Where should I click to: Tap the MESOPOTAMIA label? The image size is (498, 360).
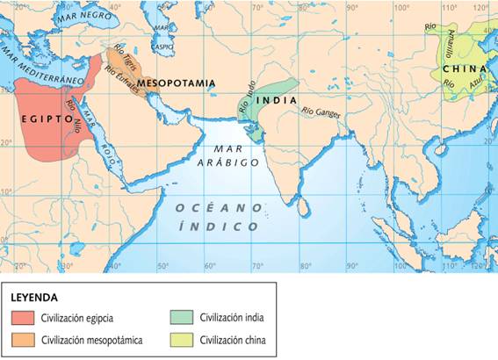176,83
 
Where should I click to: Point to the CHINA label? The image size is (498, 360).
464,68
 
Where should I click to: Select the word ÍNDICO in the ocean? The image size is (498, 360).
219,226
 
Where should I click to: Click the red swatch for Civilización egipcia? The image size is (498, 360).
25,318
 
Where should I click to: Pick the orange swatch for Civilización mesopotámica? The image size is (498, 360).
25,339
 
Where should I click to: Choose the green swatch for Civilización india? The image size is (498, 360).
182,318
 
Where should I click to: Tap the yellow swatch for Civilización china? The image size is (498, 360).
182,339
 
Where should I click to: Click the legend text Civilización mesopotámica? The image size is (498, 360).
92,339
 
